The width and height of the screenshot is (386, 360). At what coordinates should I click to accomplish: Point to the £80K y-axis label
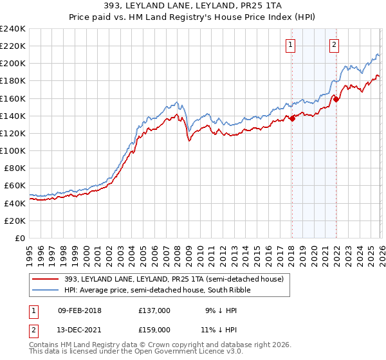click(14, 168)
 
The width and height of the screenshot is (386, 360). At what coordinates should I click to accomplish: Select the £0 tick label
click(21, 238)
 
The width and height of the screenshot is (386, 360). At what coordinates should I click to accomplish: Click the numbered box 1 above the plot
click(291, 45)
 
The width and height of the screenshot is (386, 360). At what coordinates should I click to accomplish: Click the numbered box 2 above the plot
click(335, 45)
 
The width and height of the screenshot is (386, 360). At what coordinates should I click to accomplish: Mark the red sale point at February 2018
click(292, 118)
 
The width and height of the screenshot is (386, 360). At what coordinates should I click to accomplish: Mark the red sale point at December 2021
click(336, 99)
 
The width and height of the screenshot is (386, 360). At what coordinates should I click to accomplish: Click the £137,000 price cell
click(154, 310)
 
